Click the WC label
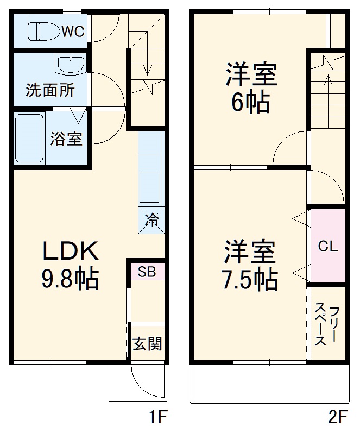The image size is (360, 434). coord(72,32)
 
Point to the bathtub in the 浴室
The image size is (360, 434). coord(29,139)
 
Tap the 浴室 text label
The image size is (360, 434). coord(66,139)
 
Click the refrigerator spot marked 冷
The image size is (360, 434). coord(151,220)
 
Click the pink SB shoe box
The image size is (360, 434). coord(147,272)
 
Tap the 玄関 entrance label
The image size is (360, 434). coord(147,343)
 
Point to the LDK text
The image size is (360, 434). coord(71,251)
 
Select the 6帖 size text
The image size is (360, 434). coord(251,102)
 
